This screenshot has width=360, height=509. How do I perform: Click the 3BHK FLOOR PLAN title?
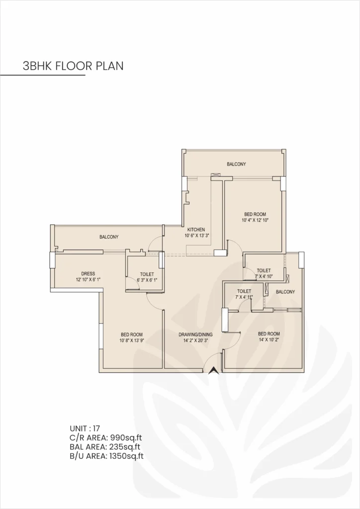(x=73, y=66)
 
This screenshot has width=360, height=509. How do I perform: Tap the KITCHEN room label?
(x=196, y=229)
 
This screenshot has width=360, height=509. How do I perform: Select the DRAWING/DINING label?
(x=196, y=335)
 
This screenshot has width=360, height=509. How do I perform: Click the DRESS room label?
(x=88, y=273)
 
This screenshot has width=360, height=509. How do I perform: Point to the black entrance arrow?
(x=213, y=370)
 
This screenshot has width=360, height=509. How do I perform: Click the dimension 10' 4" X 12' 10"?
(x=255, y=220)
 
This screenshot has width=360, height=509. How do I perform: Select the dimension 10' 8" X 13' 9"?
(x=131, y=341)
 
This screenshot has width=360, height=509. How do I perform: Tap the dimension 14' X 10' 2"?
(x=269, y=340)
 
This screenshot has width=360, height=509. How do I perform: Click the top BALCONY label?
(x=236, y=164)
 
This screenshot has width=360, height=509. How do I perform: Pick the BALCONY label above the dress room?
(x=108, y=237)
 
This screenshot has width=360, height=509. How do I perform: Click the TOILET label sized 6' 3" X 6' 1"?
(x=147, y=274)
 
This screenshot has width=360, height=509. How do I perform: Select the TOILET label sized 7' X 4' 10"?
(x=264, y=270)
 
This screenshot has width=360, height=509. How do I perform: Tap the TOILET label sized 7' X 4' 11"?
(x=244, y=291)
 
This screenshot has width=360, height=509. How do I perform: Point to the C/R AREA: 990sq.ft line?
(x=106, y=437)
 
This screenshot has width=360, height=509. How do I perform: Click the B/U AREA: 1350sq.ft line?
(x=107, y=456)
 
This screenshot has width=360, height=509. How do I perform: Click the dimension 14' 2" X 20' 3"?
(x=196, y=341)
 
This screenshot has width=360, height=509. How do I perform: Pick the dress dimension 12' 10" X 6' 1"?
(x=88, y=279)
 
